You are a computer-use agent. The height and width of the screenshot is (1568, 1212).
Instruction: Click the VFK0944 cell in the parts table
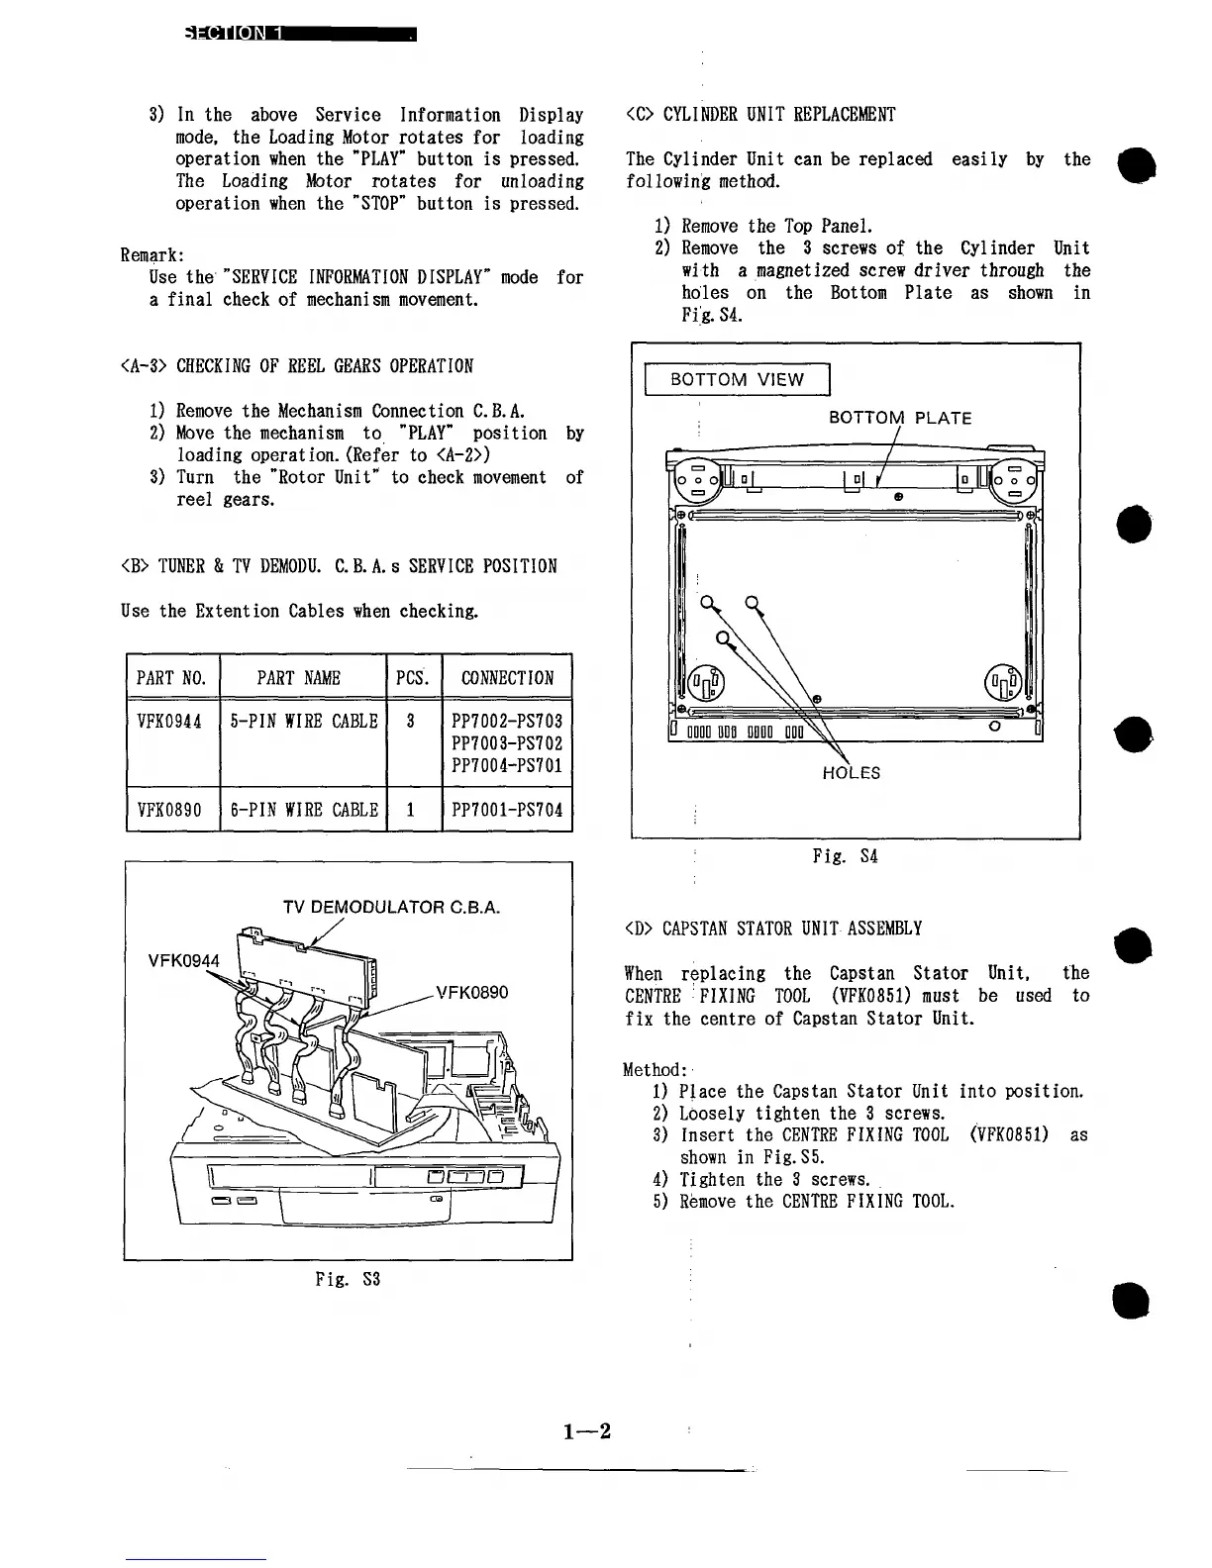pyautogui.click(x=169, y=722)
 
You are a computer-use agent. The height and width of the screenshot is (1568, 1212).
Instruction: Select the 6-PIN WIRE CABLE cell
pyautogui.click(x=303, y=810)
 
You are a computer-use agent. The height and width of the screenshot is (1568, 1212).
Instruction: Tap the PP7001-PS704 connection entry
pyautogui.click(x=507, y=810)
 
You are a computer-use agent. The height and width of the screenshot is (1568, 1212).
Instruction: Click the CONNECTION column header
pyautogui.click(x=507, y=678)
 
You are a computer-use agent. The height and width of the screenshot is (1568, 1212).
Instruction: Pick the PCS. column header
pyautogui.click(x=412, y=678)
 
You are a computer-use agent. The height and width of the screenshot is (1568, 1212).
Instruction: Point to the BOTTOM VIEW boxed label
pyautogui.click(x=737, y=379)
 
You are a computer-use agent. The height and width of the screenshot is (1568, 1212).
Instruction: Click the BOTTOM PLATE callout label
pyautogui.click(x=899, y=418)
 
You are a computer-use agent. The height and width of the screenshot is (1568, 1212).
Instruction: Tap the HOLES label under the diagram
pyautogui.click(x=851, y=773)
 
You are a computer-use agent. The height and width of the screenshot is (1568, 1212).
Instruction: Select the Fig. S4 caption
pyautogui.click(x=845, y=856)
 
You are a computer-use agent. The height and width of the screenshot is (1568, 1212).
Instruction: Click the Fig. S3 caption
pyautogui.click(x=348, y=1279)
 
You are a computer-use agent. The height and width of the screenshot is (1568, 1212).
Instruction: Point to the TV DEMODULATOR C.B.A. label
pyautogui.click(x=392, y=907)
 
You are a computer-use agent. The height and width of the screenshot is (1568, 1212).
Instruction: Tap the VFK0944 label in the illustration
pyautogui.click(x=184, y=959)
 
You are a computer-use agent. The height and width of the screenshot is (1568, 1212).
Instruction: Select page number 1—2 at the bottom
pyautogui.click(x=587, y=1431)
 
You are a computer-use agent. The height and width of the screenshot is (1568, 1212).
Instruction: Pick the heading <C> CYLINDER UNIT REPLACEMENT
pyautogui.click(x=760, y=115)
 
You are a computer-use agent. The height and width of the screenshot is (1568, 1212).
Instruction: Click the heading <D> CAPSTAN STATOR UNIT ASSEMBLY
pyautogui.click(x=773, y=929)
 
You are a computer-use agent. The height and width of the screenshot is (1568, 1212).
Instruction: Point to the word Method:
pyautogui.click(x=655, y=1069)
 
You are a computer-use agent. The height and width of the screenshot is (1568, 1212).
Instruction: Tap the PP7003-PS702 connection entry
pyautogui.click(x=507, y=743)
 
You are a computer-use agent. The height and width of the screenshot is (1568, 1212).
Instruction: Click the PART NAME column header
pyautogui.click(x=298, y=678)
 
